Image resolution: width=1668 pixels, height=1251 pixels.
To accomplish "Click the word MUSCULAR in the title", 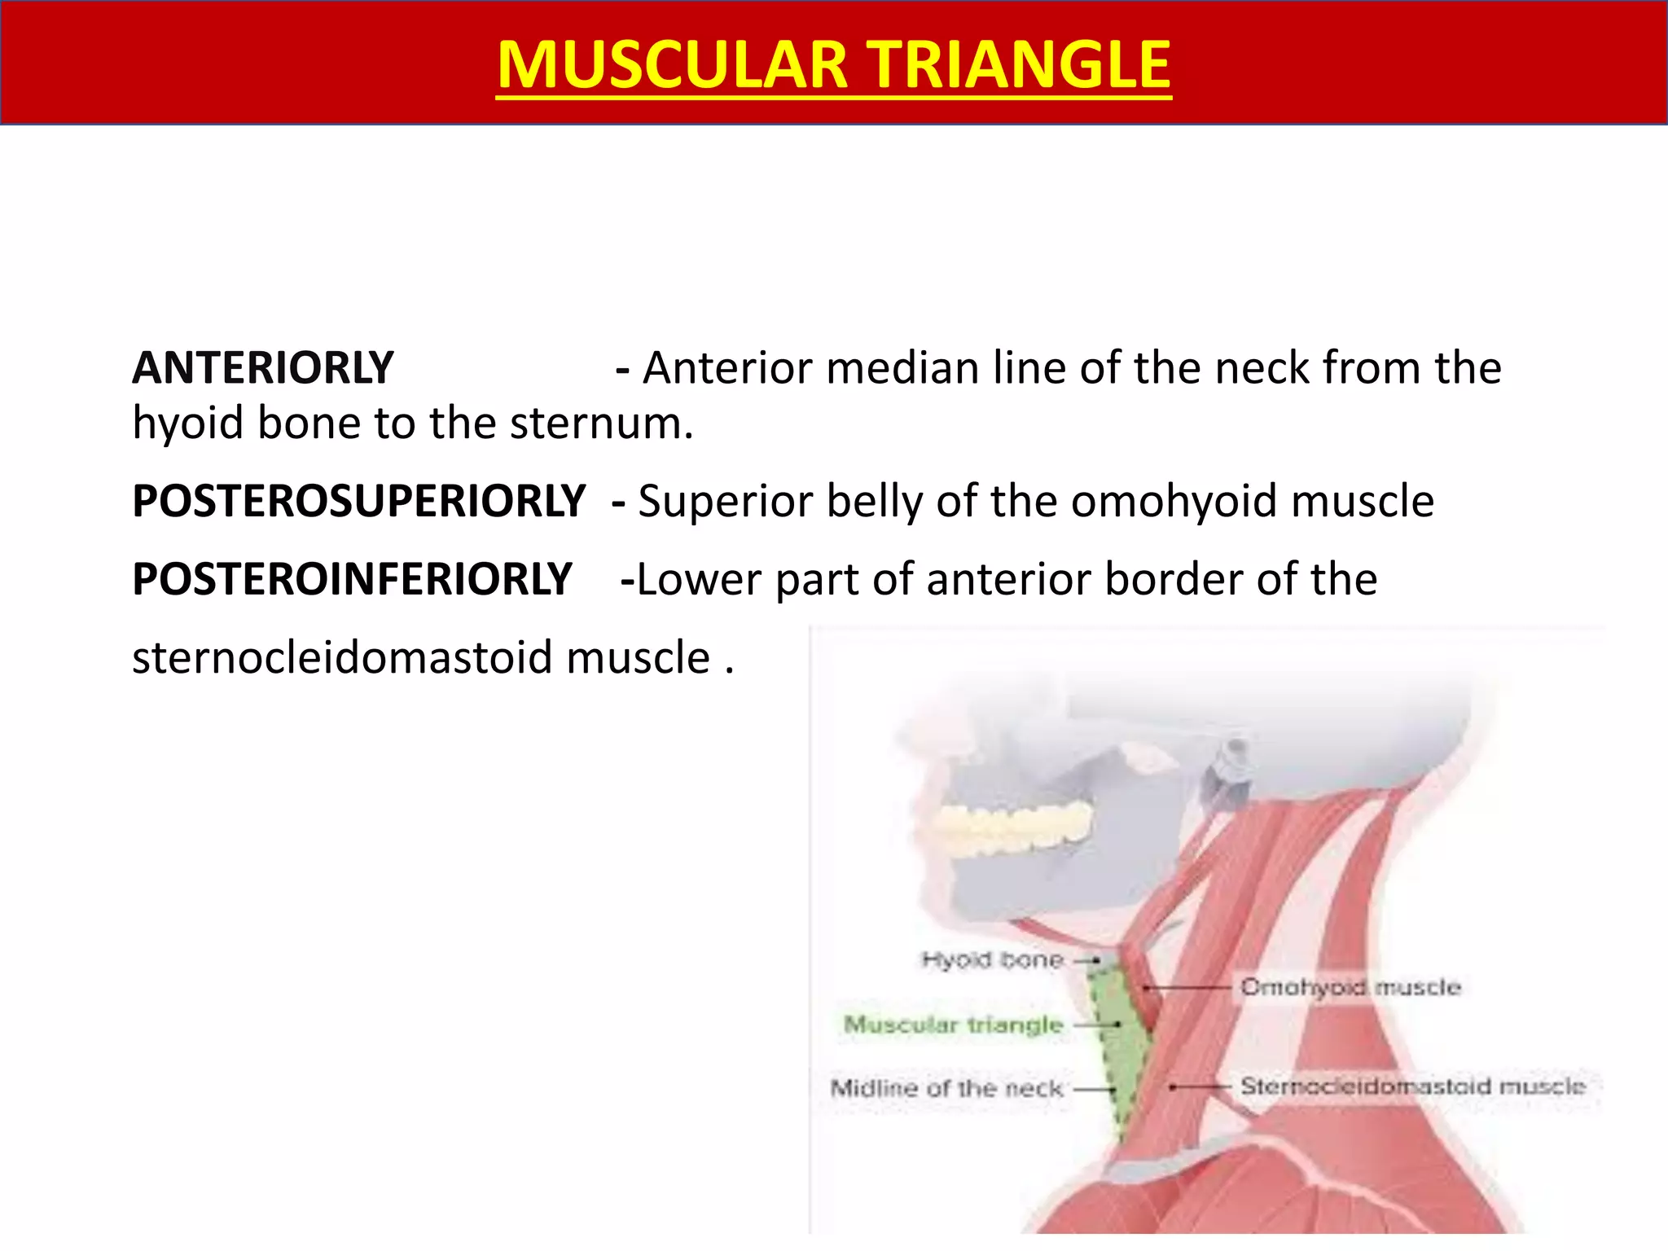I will click(673, 65).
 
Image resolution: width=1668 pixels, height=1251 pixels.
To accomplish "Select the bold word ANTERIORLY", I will click(263, 368).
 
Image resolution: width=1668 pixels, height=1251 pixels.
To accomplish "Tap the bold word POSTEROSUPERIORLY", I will click(358, 501).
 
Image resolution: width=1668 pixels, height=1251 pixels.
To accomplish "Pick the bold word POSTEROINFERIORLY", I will click(352, 579).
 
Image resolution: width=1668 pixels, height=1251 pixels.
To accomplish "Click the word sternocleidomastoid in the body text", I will click(343, 658).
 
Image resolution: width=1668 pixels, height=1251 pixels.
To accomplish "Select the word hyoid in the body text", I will click(187, 424).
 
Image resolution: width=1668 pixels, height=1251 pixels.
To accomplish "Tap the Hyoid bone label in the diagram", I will click(992, 960).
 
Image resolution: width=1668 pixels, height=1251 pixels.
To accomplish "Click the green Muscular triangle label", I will click(954, 1025).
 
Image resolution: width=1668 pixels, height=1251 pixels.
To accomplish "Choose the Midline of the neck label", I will click(946, 1088).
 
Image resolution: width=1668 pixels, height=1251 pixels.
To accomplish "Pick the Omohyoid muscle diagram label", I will click(1350, 987).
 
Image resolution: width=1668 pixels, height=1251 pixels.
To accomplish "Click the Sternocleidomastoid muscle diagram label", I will click(1412, 1086).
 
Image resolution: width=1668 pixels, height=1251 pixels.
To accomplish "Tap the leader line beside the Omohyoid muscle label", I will click(1189, 988).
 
